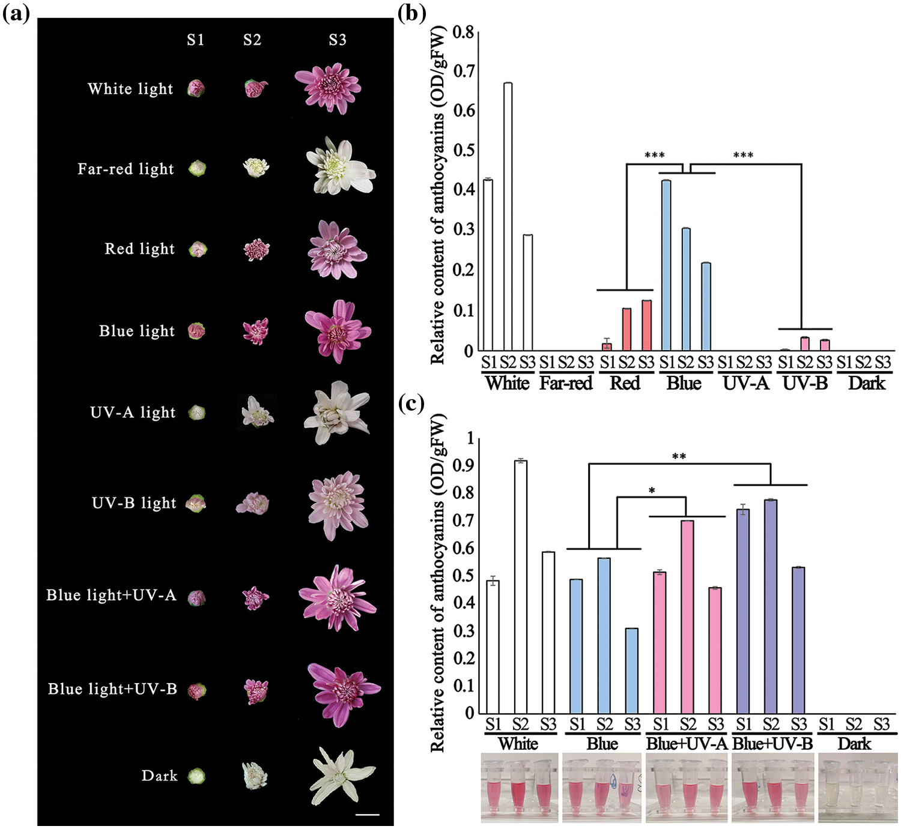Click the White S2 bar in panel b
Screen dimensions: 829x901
pyautogui.click(x=508, y=217)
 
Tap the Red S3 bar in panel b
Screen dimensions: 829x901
pyautogui.click(x=646, y=325)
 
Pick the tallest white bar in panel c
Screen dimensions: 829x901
pyautogui.click(x=520, y=586)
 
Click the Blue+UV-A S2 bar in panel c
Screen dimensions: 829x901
pyautogui.click(x=687, y=616)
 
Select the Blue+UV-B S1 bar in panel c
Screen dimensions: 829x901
pyautogui.click(x=743, y=611)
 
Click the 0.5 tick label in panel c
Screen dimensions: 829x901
pyautogui.click(x=463, y=575)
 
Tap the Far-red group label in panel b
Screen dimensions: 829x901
pyautogui.click(x=565, y=383)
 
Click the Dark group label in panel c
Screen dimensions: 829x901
pyautogui.click(x=854, y=744)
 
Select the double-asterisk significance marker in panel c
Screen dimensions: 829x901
pyautogui.click(x=679, y=457)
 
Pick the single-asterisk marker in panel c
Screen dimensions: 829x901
pyautogui.click(x=652, y=492)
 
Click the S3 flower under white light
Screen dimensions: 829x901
pyautogui.click(x=328, y=88)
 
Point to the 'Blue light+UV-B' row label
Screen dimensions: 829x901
pyautogui.click(x=112, y=689)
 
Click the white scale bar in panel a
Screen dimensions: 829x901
pyautogui.click(x=368, y=815)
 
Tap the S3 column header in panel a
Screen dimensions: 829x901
pyautogui.click(x=338, y=40)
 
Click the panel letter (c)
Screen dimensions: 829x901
pyautogui.click(x=411, y=403)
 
